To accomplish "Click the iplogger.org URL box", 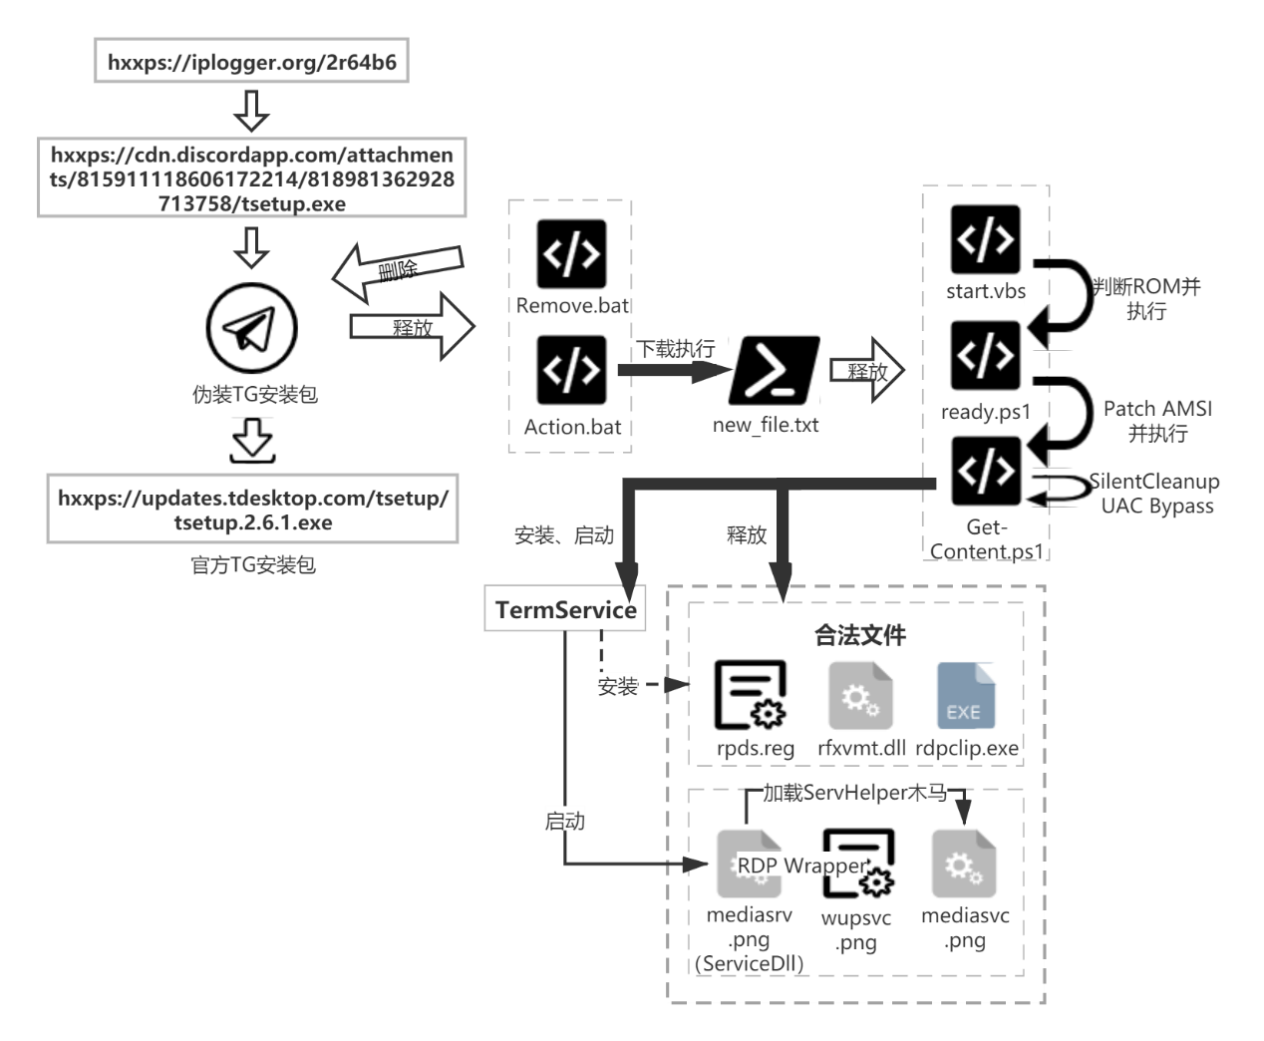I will (x=251, y=62).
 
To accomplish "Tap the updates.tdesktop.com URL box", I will (x=252, y=510).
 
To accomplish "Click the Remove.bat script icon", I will (x=571, y=254).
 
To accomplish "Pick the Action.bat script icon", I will (x=571, y=370).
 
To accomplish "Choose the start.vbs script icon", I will (x=985, y=239).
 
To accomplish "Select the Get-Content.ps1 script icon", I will (x=985, y=472).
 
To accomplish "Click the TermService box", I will (x=565, y=609).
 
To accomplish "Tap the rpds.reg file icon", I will (x=751, y=695).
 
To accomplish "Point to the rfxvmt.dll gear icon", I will (x=860, y=696).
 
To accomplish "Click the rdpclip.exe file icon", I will (x=965, y=696).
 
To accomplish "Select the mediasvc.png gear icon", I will (x=963, y=864).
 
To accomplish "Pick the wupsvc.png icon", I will (x=857, y=864).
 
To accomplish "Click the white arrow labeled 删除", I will (x=398, y=270).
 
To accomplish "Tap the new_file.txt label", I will (x=766, y=425).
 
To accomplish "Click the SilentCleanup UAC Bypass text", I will (x=1155, y=494).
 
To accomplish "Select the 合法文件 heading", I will (x=859, y=635).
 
